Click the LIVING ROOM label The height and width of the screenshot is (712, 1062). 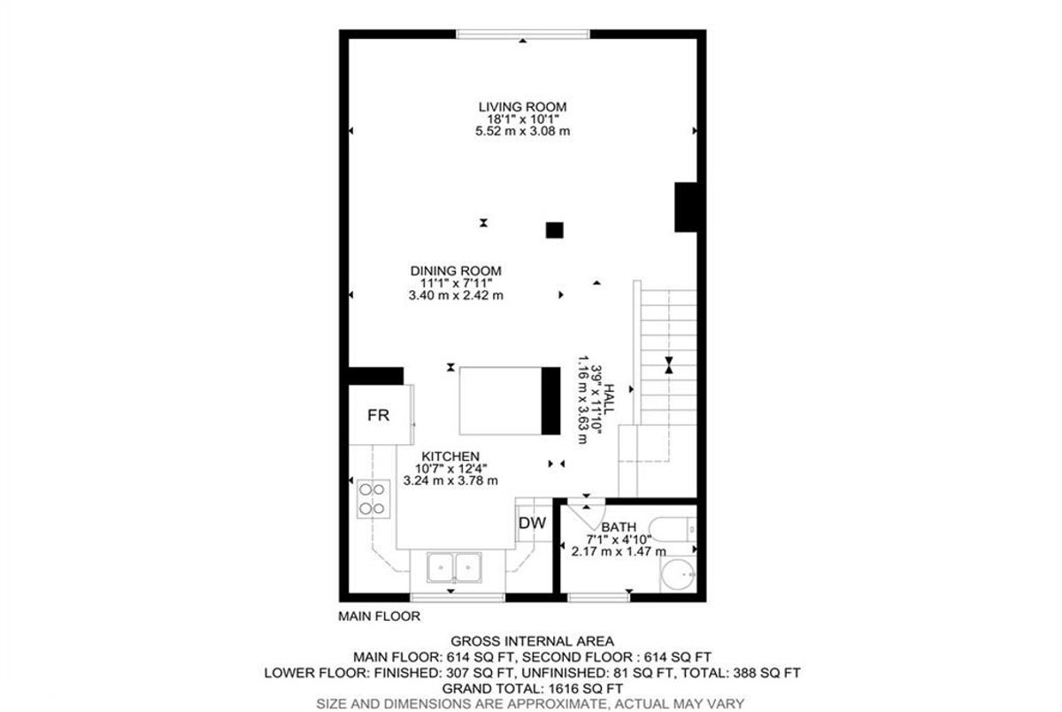click(522, 107)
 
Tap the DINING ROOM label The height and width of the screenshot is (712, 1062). click(456, 271)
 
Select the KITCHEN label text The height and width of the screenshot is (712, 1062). click(450, 456)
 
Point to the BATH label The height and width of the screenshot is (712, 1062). click(619, 527)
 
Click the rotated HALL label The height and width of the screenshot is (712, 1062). click(609, 399)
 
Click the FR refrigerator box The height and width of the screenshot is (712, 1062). click(381, 415)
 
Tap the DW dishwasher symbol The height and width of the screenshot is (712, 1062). click(534, 524)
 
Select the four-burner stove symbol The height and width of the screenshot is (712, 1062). click(373, 499)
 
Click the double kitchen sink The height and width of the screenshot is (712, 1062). click(454, 567)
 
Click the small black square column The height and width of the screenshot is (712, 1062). click(554, 230)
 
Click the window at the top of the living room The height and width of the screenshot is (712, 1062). click(523, 34)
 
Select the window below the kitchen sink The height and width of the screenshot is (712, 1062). click(458, 597)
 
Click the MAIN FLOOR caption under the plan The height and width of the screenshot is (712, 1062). click(379, 616)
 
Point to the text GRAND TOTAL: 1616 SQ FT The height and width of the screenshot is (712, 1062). click(532, 688)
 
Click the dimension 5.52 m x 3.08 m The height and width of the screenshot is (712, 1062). click(522, 131)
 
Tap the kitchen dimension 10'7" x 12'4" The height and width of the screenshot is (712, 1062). click(450, 469)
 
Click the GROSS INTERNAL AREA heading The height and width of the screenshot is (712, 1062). click(532, 641)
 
